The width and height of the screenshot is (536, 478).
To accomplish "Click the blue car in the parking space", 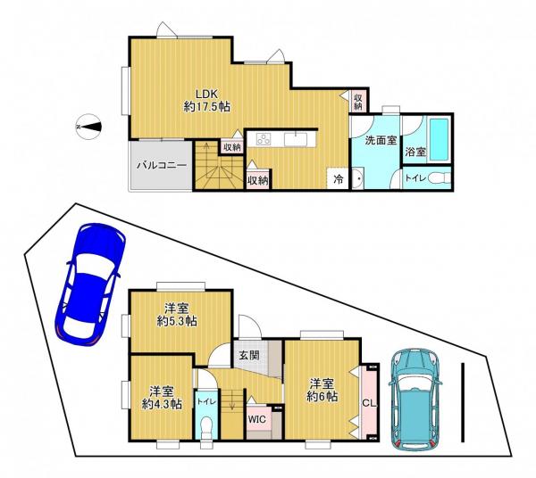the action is pyautogui.click(x=90, y=284).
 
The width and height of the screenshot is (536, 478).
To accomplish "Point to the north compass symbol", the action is pyautogui.click(x=88, y=127).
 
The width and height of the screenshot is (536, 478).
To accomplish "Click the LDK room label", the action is pyautogui.click(x=207, y=93).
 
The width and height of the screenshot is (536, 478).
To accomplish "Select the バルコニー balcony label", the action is pyautogui.click(x=162, y=166).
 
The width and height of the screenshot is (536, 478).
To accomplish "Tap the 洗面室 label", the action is pyautogui.click(x=381, y=140).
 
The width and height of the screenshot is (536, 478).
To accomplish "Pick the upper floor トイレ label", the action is pyautogui.click(x=415, y=178).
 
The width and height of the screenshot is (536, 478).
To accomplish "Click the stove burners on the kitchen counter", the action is pyautogui.click(x=264, y=139).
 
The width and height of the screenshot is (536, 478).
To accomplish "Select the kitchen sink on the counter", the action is pyautogui.click(x=296, y=139).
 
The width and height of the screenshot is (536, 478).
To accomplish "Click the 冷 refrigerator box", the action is pyautogui.click(x=338, y=178).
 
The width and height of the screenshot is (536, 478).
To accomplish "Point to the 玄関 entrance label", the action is pyautogui.click(x=248, y=355).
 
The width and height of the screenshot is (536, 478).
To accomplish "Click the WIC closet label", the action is pyautogui.click(x=256, y=419).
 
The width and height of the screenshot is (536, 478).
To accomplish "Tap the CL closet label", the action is pyautogui.click(x=369, y=403).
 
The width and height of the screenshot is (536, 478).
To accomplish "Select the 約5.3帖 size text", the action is pyautogui.click(x=177, y=321).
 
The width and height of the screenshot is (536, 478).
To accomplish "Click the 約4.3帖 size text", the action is pyautogui.click(x=162, y=404).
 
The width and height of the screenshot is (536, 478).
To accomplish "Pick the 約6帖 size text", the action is pyautogui.click(x=322, y=396).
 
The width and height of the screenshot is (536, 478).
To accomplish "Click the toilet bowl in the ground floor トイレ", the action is pyautogui.click(x=206, y=426).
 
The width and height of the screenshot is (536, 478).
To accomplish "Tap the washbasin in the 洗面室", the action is pyautogui.click(x=358, y=178).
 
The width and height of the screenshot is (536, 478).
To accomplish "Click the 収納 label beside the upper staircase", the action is pyautogui.click(x=232, y=147).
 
